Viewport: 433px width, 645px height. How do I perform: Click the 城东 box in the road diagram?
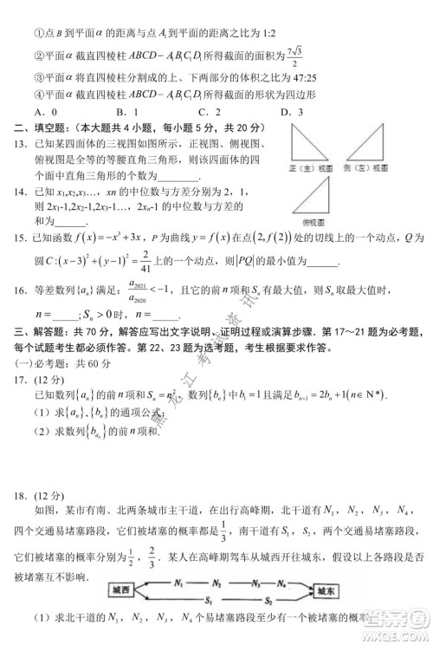coord(335,590)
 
